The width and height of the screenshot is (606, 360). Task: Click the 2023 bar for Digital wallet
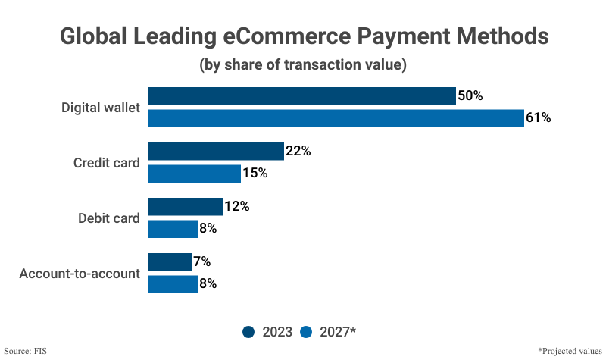tap(301, 96)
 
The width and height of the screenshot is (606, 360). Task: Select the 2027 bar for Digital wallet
tap(336, 118)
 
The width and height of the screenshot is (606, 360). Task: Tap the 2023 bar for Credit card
tap(216, 152)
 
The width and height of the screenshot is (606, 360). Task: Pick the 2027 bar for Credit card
tap(195, 174)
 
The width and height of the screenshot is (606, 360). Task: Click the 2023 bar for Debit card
tap(186, 207)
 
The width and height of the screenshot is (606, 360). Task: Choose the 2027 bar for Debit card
tap(173, 228)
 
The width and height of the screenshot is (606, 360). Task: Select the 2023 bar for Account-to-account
tap(170, 262)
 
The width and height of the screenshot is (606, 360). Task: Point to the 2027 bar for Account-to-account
tap(173, 284)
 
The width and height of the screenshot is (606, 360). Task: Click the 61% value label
tap(539, 118)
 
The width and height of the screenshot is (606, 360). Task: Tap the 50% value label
tap(470, 96)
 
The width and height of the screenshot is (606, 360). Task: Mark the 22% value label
tap(298, 152)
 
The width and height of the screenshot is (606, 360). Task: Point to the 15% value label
tap(255, 174)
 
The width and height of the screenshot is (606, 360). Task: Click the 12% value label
tap(237, 207)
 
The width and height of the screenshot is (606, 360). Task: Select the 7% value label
tap(202, 262)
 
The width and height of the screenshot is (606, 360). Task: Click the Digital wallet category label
tap(101, 108)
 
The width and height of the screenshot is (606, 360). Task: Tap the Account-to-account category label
tap(80, 274)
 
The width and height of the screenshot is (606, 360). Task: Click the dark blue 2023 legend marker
tap(249, 331)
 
